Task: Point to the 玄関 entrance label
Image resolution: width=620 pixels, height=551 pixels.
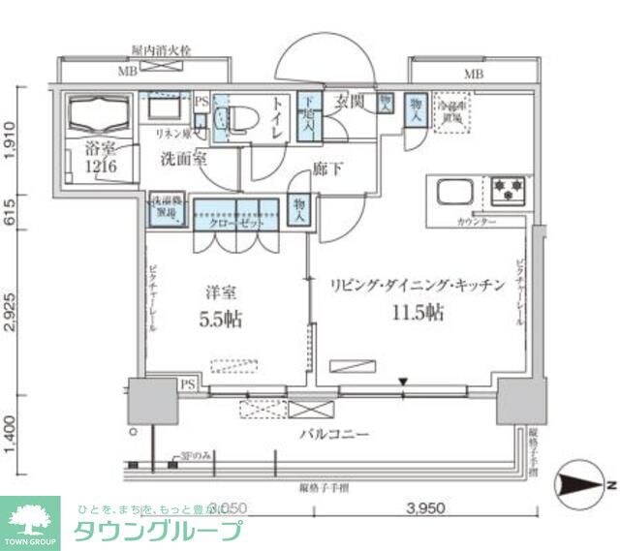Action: click(350, 101)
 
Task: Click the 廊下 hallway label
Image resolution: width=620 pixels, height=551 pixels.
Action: click(326, 169)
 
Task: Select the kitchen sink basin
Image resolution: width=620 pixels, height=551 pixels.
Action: click(454, 191)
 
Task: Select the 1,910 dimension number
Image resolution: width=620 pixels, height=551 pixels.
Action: click(13, 138)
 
